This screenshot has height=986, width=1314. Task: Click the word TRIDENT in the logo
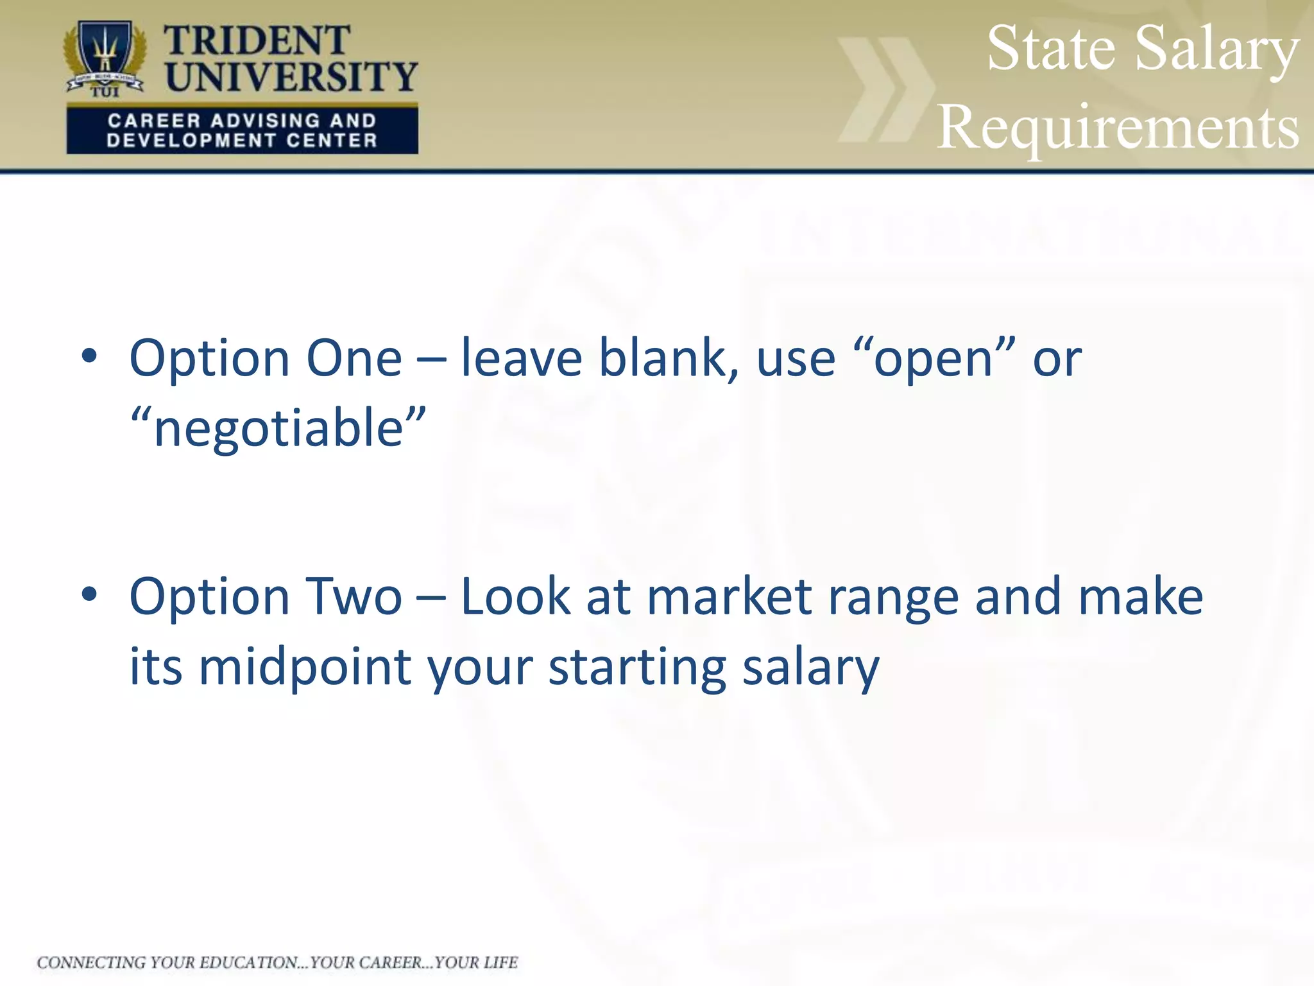(x=257, y=41)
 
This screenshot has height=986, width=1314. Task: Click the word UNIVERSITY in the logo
(x=291, y=77)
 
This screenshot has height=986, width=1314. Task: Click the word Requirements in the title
(x=1118, y=127)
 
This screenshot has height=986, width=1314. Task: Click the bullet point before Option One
(x=89, y=356)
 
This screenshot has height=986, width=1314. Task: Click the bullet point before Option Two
(x=89, y=594)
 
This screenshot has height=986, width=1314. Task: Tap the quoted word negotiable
(x=278, y=429)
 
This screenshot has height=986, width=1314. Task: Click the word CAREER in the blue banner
(x=154, y=120)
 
